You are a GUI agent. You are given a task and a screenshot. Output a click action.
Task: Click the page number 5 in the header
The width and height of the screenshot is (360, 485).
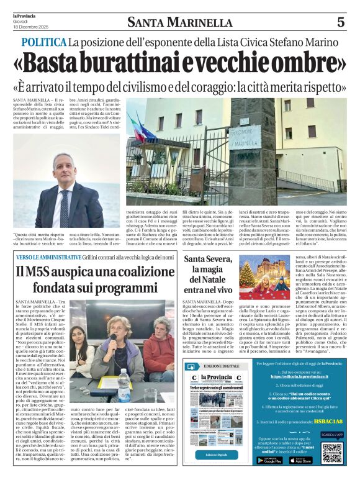pos(340,22)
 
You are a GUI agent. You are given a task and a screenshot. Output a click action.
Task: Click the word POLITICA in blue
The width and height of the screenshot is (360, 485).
pos(43,43)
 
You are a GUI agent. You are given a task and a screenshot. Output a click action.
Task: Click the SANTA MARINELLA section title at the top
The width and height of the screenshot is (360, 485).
pos(179,23)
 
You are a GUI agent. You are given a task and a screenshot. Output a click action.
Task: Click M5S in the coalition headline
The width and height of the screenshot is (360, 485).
pos(40,271)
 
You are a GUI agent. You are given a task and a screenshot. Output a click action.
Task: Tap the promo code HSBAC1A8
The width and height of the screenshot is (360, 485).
pos(323,422)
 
